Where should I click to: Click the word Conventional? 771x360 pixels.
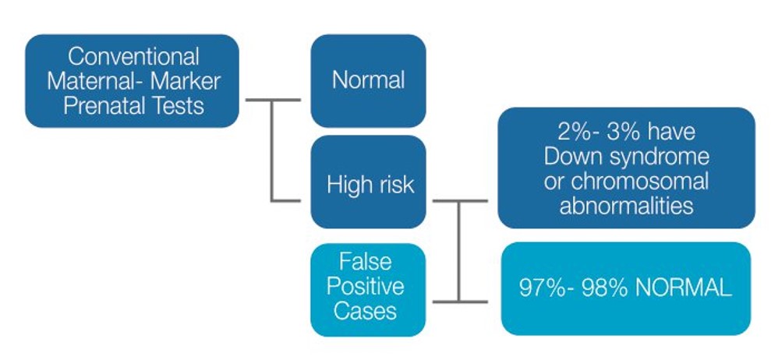tap(133, 56)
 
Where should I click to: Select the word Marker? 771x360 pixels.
tap(186, 81)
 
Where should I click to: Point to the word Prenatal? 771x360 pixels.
tap(109, 105)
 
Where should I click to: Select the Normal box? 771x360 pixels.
tap(368, 81)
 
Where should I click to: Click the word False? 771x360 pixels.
tap(366, 261)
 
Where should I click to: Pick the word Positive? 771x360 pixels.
tap(366, 286)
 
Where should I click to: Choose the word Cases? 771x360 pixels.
tap(366, 312)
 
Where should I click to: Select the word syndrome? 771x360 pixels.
tap(656, 158)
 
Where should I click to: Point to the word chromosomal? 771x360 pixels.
tap(640, 182)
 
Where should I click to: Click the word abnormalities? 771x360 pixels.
tap(627, 206)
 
